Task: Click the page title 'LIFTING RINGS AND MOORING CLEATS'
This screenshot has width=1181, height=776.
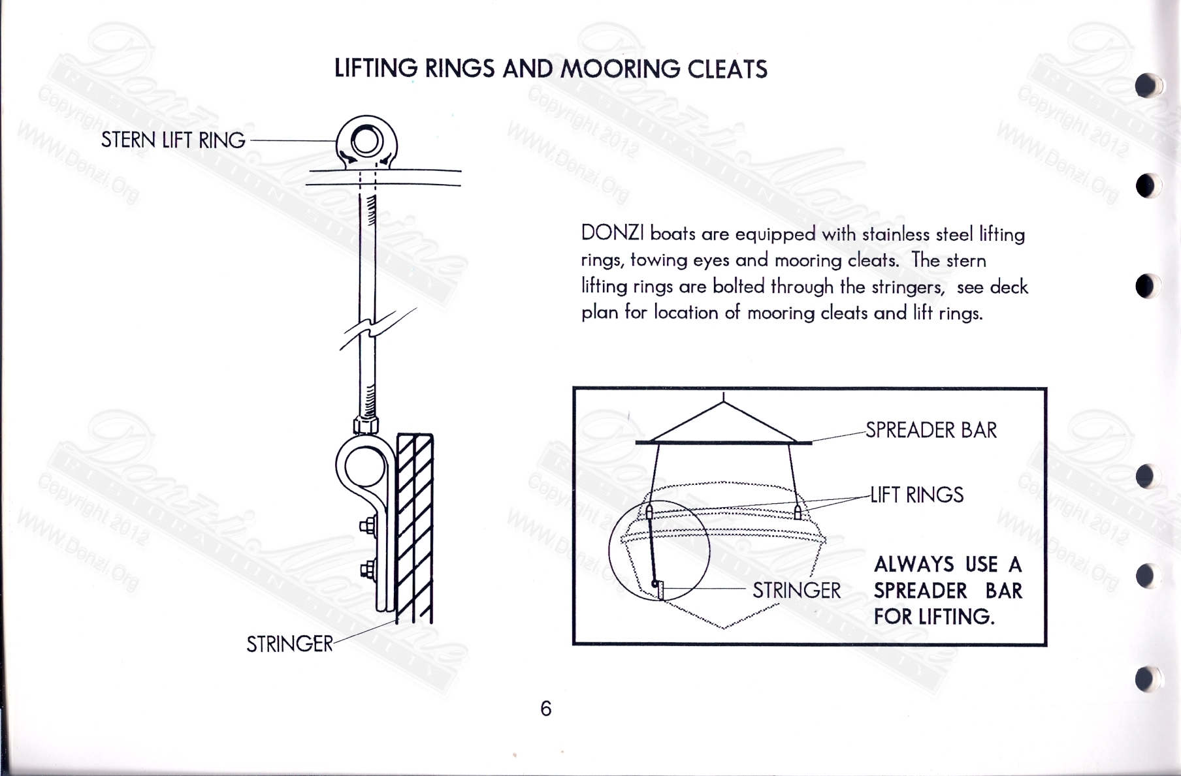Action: pos(551,69)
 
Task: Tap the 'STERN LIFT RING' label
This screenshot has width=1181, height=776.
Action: pos(173,140)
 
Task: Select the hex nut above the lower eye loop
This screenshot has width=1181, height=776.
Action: pos(366,426)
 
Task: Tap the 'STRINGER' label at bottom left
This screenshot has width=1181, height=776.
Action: pos(289,644)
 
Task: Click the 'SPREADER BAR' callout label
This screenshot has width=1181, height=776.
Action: pos(931,431)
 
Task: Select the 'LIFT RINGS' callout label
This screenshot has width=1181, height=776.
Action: pos(916,495)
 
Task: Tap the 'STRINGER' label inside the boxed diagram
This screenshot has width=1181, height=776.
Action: pos(796,591)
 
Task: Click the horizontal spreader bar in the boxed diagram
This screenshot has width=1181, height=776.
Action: pos(723,443)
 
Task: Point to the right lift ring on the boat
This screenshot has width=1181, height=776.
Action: pos(798,512)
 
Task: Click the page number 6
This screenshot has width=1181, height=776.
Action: pos(546,709)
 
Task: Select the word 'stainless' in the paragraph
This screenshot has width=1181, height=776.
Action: pos(896,234)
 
